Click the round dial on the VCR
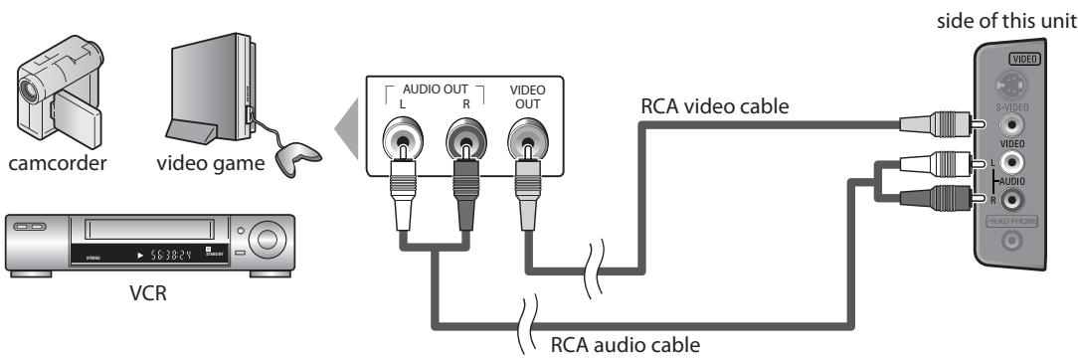click(x=264, y=241)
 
